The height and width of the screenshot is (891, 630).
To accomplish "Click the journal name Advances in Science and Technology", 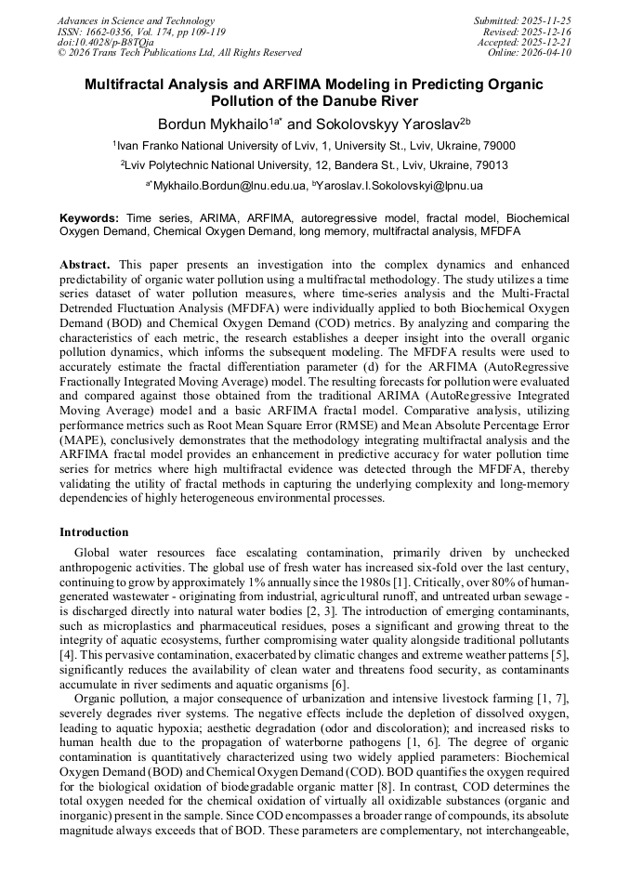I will click(x=136, y=20).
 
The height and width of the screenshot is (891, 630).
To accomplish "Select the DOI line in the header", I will click(x=105, y=43).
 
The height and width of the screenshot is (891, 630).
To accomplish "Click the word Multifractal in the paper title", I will click(x=129, y=84).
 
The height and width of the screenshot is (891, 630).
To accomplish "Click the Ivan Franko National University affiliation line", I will click(x=314, y=146).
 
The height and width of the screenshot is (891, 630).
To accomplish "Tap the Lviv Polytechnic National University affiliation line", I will click(x=314, y=165).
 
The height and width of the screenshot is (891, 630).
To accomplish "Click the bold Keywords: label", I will click(x=89, y=216).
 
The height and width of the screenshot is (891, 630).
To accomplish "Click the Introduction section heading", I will click(x=94, y=532).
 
